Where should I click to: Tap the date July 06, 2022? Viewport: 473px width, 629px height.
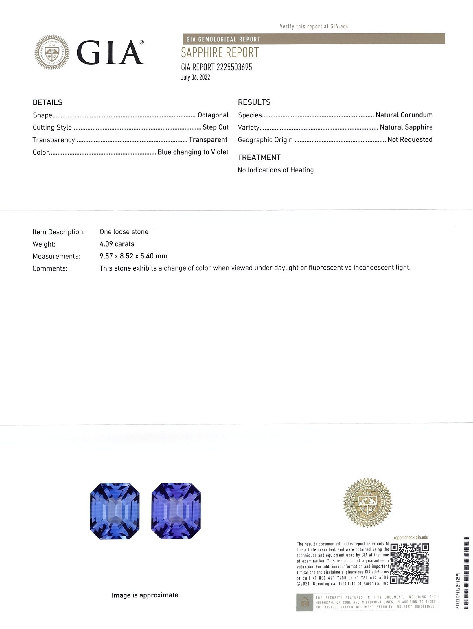[x=195, y=77]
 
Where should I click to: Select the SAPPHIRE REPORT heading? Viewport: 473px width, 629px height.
[x=220, y=53]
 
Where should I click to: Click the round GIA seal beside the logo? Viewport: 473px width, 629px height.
[x=52, y=52]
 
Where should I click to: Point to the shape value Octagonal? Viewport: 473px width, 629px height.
[x=213, y=115]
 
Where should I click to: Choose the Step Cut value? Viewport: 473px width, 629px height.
[x=216, y=127]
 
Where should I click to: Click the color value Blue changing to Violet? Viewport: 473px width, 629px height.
[x=193, y=152]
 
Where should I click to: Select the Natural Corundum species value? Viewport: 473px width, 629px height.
[x=404, y=115]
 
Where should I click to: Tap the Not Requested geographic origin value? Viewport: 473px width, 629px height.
[x=410, y=139]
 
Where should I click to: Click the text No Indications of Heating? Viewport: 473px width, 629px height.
[x=275, y=170]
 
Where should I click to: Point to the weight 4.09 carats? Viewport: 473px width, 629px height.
[x=117, y=244]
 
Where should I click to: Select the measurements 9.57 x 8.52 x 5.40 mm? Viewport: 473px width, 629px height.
[x=133, y=256]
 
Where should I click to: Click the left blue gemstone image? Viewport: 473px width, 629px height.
[x=115, y=511]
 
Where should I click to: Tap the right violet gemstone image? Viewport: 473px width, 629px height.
[x=176, y=511]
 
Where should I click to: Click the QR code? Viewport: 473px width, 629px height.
[x=409, y=564]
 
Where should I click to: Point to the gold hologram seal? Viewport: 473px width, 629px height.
[x=367, y=503]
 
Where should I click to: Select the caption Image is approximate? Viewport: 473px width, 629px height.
[x=145, y=595]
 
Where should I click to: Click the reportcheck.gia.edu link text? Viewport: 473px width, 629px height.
[x=411, y=538]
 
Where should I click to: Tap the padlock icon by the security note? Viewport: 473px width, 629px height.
[x=304, y=603]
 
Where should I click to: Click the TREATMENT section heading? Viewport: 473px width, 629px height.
[x=259, y=157]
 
